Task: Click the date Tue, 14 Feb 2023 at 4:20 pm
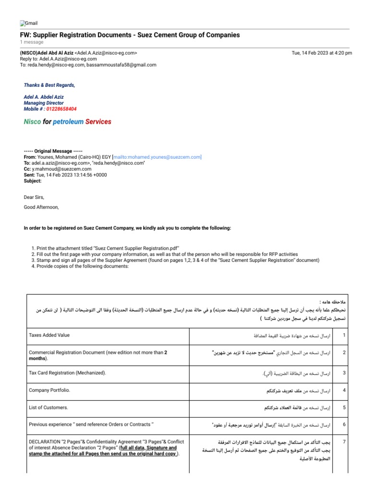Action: pos(322,53)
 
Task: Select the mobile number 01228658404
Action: pos(61,109)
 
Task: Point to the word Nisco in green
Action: pos(32,122)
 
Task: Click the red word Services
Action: pos(98,122)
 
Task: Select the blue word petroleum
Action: pos(68,122)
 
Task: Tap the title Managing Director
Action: pos(44,103)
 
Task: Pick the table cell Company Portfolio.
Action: pos(49,390)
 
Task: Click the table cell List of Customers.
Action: pos(48,408)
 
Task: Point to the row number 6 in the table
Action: pos(344,425)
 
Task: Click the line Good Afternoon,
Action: pos(41,207)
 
